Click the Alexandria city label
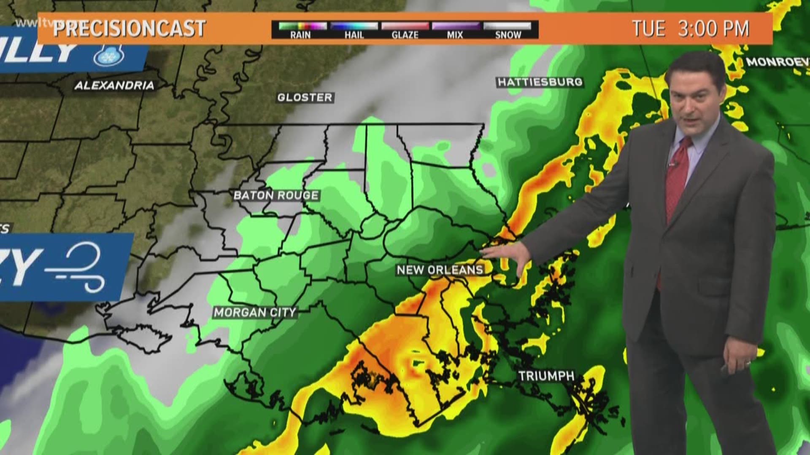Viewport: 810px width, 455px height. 114,86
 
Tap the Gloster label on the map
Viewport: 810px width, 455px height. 305,98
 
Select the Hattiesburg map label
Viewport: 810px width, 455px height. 540,82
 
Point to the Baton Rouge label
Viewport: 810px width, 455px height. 276,195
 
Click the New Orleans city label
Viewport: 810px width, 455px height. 440,270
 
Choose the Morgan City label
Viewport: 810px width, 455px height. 255,313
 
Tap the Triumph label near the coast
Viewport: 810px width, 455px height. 546,376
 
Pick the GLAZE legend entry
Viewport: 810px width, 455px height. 405,30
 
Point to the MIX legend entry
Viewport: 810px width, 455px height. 455,30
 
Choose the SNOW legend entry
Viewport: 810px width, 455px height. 508,30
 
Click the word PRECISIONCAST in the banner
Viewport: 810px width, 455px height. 129,29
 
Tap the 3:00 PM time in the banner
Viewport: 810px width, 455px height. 714,29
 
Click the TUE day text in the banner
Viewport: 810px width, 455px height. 648,29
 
